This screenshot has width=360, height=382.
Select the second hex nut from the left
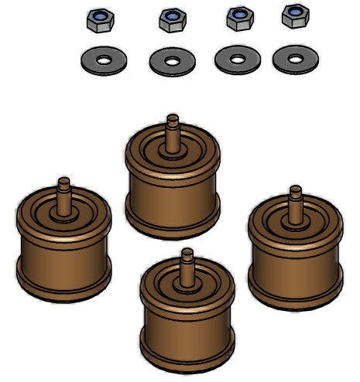[x=172, y=20]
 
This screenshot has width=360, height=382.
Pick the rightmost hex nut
[x=295, y=15]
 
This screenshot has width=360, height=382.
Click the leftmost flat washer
[x=104, y=59]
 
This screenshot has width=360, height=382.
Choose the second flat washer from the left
[x=172, y=61]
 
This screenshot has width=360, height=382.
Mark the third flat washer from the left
[x=238, y=60]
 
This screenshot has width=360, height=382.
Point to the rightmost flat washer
[x=295, y=59]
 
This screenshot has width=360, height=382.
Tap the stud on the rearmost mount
[x=172, y=128]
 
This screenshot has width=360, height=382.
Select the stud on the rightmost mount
[x=295, y=200]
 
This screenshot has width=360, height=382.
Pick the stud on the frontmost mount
[x=187, y=263]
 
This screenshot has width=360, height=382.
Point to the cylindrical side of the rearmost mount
[x=172, y=193]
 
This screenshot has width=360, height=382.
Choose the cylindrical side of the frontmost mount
[x=187, y=329]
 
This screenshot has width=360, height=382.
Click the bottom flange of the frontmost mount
[x=187, y=361]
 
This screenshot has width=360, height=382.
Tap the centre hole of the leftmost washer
[x=104, y=58]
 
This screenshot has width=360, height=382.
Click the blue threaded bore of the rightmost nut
[x=294, y=12]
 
